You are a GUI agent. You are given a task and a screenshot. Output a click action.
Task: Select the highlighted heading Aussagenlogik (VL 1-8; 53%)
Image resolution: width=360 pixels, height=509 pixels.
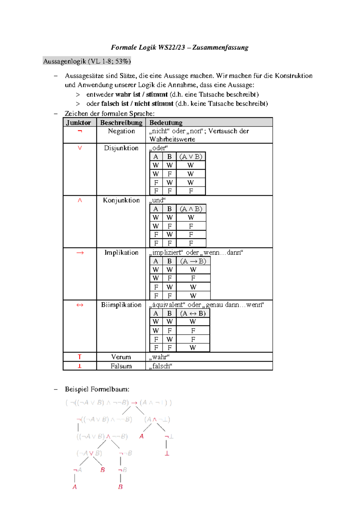pyautogui.click(x=87, y=61)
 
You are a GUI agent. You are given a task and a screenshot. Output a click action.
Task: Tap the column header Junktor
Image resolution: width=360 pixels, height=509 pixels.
pyautogui.click(x=79, y=122)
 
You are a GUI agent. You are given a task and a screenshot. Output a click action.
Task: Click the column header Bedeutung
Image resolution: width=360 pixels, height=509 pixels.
pyautogui.click(x=166, y=122)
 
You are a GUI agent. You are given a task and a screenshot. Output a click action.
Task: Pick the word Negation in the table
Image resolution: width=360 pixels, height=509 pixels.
pyautogui.click(x=121, y=131)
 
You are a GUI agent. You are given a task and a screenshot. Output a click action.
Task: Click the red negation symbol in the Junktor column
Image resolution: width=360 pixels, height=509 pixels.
pyautogui.click(x=79, y=131)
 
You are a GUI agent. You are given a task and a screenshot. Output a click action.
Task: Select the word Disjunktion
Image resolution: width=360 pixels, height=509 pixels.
pyautogui.click(x=121, y=148)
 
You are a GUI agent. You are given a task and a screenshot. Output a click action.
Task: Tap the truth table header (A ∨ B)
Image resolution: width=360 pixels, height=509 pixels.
pyautogui.click(x=191, y=157)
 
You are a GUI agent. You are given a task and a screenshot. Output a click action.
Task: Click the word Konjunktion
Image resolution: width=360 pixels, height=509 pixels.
pyautogui.click(x=121, y=200)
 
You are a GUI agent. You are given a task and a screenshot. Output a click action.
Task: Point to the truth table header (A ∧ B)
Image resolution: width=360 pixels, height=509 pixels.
pyautogui.click(x=191, y=209)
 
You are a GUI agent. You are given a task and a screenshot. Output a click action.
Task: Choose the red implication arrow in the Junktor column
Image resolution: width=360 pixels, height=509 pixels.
pyautogui.click(x=80, y=253)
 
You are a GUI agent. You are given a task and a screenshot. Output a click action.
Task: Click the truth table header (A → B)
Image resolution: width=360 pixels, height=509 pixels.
pyautogui.click(x=193, y=261)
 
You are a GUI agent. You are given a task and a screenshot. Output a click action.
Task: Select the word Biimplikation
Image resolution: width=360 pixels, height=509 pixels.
pyautogui.click(x=121, y=305)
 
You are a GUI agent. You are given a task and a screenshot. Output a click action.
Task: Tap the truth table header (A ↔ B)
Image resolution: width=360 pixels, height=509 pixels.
pyautogui.click(x=193, y=313)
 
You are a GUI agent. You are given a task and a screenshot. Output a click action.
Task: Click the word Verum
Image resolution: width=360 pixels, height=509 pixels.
pyautogui.click(x=121, y=357)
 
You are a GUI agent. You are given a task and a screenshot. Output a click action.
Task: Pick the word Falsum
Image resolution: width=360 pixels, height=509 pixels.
pyautogui.click(x=121, y=366)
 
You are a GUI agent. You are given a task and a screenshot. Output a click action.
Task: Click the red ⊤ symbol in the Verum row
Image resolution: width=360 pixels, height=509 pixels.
pyautogui.click(x=79, y=357)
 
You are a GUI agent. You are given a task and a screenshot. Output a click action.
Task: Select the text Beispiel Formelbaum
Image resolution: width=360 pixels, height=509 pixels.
pyautogui.click(x=97, y=389)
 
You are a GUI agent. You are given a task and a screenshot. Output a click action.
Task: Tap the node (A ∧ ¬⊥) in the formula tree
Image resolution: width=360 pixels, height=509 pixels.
pyautogui.click(x=157, y=419)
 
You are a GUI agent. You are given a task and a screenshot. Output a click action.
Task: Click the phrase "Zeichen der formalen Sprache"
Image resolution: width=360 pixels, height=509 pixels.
pyautogui.click(x=109, y=113)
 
